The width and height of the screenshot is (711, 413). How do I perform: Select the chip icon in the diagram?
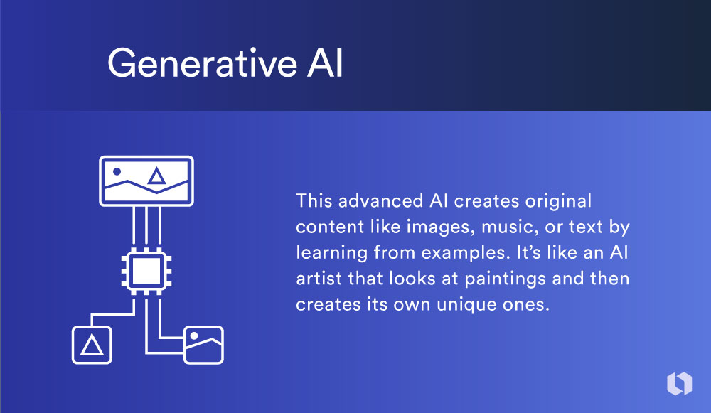coord(146,270)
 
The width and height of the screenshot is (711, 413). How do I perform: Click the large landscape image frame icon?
coord(146,181)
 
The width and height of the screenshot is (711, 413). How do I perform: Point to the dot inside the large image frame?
coord(117,172)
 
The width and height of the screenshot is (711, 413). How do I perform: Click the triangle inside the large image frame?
coord(155,177)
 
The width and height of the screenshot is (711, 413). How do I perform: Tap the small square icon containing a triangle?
coord(92,344)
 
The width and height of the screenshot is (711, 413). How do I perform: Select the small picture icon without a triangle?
coord(203,345)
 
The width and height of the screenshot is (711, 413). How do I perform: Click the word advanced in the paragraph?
coord(370,201)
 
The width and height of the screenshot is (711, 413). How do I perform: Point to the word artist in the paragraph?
coord(318,279)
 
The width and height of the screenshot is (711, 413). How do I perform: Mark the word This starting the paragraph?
coord(314,201)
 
